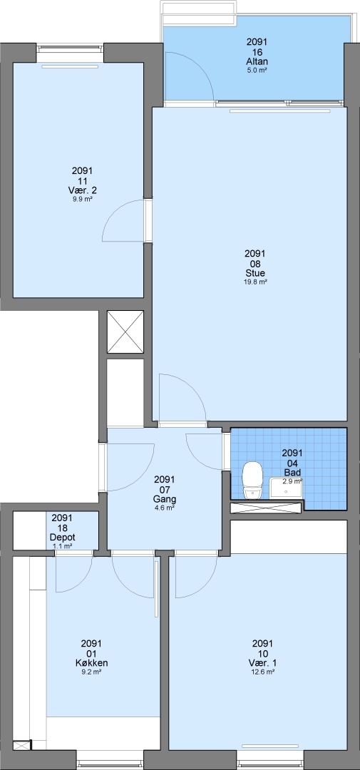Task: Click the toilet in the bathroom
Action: coord(253,481)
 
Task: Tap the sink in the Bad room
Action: coord(285,488)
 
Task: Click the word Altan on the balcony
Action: coord(257,61)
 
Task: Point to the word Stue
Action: coord(255,273)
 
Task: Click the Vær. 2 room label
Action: coord(82,190)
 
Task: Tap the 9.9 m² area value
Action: coord(82,200)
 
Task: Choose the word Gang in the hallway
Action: coord(165,499)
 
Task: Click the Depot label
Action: coord(62,537)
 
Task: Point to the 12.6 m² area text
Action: coord(263,672)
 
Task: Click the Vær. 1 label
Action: coord(263,663)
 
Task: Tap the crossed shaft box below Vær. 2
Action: coord(125,332)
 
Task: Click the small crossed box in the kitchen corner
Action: coord(21,745)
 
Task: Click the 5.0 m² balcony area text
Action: coord(257,70)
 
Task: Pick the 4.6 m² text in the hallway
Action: coord(165,508)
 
